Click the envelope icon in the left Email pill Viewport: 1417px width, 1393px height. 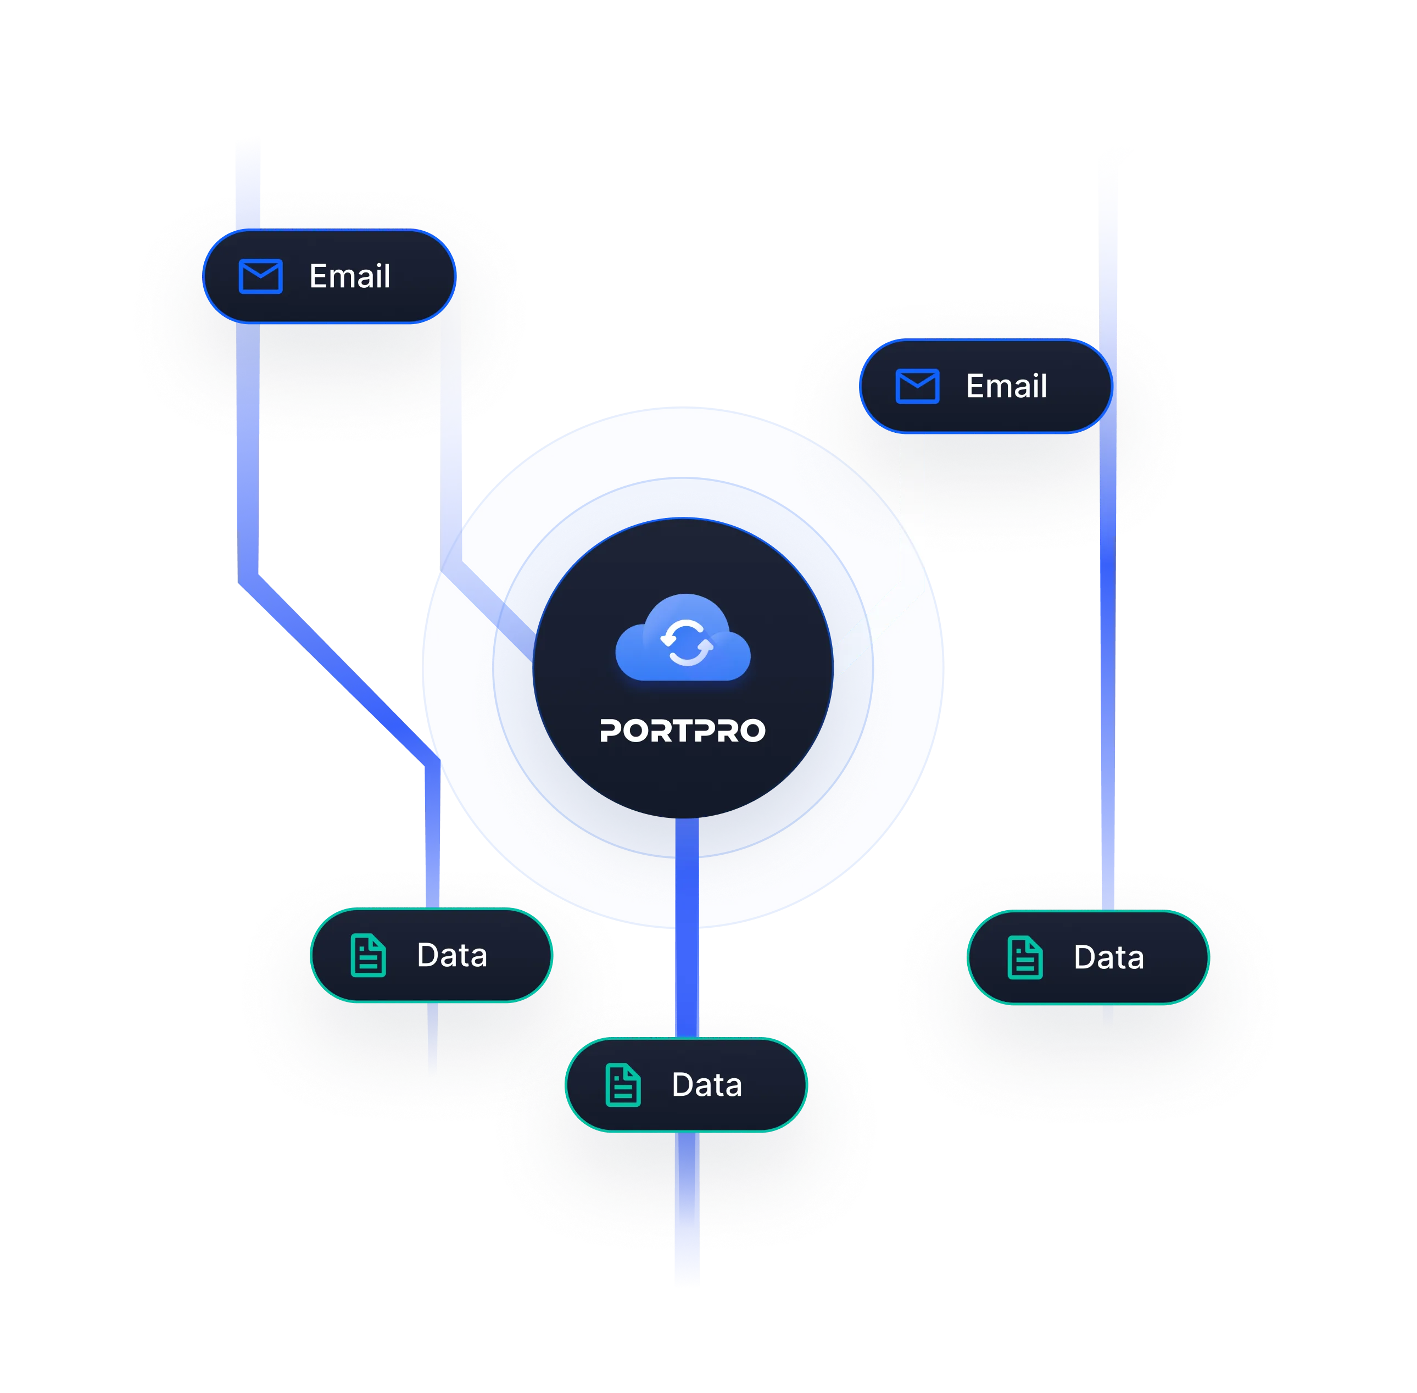tap(260, 276)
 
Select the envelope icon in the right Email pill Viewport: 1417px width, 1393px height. tap(917, 386)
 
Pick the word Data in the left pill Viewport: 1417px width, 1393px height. tap(451, 956)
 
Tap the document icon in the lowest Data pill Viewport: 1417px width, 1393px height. tap(623, 1085)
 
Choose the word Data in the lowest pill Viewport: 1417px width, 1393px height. tap(707, 1085)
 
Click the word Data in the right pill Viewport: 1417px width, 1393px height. tap(1108, 958)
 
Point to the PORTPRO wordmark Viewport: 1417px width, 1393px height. tap(683, 730)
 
